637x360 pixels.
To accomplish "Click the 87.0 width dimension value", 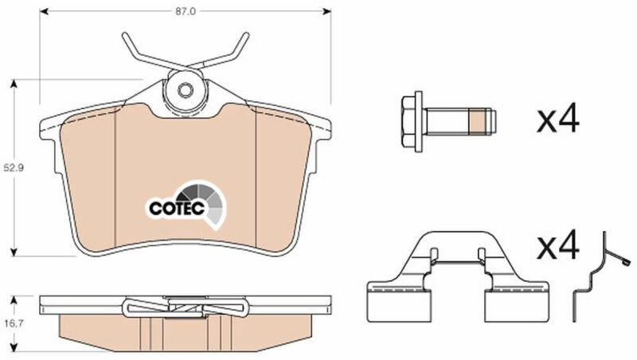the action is pyautogui.click(x=186, y=12).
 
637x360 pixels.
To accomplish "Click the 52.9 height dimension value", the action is pyautogui.click(x=14, y=167).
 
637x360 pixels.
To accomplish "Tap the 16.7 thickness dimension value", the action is pyautogui.click(x=14, y=323).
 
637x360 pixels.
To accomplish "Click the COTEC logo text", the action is pyautogui.click(x=176, y=208).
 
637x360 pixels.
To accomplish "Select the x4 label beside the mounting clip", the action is pyautogui.click(x=558, y=245).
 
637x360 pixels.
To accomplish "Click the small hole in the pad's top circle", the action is pyautogui.click(x=186, y=90).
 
